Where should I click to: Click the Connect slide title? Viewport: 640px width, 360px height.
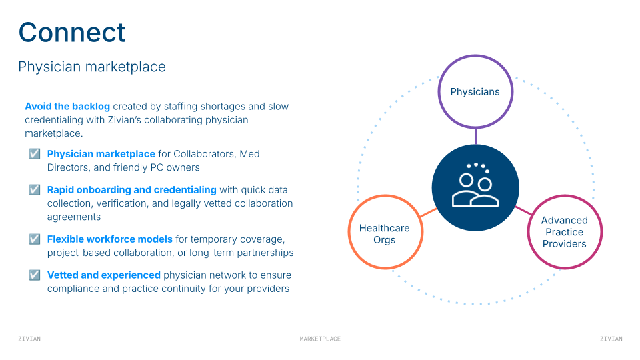72,33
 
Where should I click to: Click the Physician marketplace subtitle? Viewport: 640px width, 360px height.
92,67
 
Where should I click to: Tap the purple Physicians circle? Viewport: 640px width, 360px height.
475,92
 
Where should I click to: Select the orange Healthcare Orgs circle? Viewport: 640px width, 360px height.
385,233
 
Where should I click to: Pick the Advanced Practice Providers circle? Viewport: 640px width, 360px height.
564,232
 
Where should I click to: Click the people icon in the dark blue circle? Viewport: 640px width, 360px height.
475,187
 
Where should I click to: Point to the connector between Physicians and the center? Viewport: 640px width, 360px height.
475,136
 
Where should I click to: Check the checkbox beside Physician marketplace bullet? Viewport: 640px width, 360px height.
35,154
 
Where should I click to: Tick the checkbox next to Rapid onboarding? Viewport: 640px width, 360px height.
35,190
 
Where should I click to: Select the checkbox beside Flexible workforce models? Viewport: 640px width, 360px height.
35,239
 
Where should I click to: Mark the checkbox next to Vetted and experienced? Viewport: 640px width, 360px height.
35,275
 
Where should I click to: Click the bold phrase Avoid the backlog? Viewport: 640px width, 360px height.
67,107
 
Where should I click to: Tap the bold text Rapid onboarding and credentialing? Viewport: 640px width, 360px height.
131,190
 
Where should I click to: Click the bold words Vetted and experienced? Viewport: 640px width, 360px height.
104,275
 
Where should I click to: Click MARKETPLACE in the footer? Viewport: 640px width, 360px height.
320,339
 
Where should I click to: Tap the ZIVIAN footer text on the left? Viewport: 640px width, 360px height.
29,339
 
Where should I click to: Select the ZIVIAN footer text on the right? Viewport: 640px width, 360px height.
611,339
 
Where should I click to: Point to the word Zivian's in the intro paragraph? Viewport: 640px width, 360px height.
153,120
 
